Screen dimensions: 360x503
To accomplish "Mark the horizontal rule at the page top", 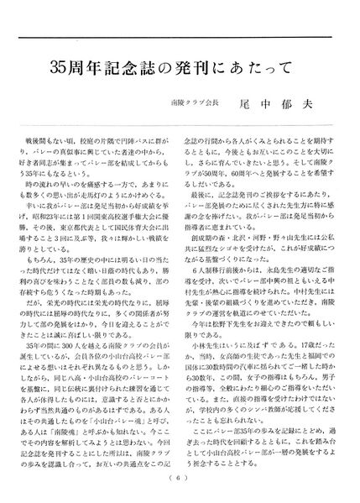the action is point(180,38).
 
